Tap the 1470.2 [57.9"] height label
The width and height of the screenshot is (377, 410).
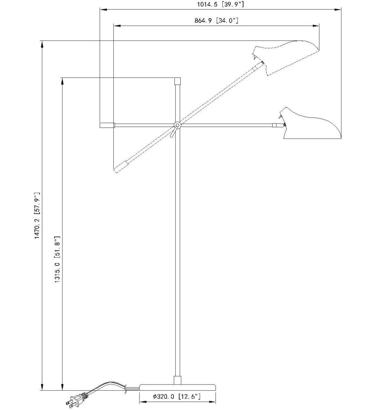coord(37,216)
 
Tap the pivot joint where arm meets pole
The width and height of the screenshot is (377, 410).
coord(177,126)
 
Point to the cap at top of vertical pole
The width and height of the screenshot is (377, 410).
coord(177,80)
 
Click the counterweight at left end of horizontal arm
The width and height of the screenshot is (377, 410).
coord(107,126)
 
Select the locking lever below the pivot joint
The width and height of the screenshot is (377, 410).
coord(173,133)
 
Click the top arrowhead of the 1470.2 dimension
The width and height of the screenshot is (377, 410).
coord(42,44)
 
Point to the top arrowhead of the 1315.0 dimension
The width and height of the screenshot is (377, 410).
coord(62,80)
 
